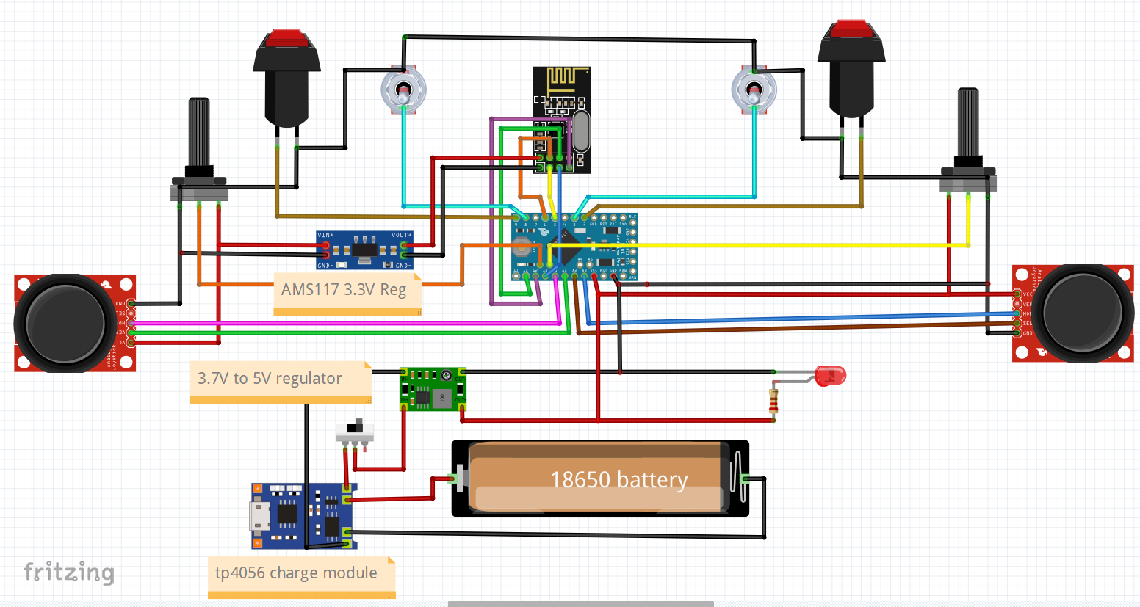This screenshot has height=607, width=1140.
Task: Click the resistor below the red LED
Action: coord(773,401)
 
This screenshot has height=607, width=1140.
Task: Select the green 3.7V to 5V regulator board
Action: coord(433,390)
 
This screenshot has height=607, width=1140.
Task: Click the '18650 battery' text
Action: coord(618,480)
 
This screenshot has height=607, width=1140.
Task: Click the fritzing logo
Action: coord(68,572)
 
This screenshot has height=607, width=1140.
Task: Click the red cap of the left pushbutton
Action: coord(286,38)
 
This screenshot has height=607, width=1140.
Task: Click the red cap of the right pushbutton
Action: coord(851,29)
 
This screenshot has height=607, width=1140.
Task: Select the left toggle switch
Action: coord(403,91)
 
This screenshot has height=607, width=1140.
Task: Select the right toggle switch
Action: coord(754,90)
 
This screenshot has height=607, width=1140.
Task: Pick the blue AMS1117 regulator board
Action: coord(364,250)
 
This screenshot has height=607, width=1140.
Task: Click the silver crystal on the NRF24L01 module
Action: coord(580,131)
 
